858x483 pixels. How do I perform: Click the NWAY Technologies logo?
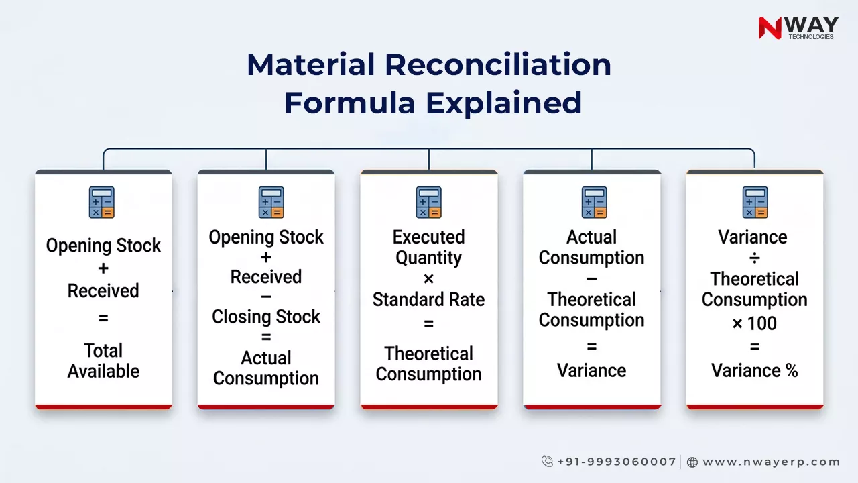point(798,28)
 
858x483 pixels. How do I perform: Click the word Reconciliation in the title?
point(497,65)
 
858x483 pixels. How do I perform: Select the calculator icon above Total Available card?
point(102,202)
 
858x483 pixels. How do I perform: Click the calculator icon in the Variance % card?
point(755,202)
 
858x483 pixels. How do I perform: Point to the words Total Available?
point(103,361)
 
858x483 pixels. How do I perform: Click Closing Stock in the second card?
point(266,317)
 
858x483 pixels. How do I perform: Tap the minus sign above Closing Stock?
point(266,297)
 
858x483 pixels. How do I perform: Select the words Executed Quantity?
point(428,248)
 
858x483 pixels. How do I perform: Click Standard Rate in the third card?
point(428,299)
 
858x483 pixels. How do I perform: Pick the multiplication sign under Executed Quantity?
point(428,278)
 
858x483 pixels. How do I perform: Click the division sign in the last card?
point(755,258)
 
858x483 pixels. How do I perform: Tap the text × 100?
point(755,323)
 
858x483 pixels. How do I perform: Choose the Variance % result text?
point(755,370)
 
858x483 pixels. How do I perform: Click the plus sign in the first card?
point(103,268)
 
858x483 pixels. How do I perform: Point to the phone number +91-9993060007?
point(616,462)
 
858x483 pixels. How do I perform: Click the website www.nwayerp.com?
point(771,462)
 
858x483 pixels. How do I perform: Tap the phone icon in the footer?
point(547,462)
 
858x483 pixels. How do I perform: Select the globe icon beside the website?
point(692,462)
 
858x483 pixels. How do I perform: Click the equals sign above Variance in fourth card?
point(591,347)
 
